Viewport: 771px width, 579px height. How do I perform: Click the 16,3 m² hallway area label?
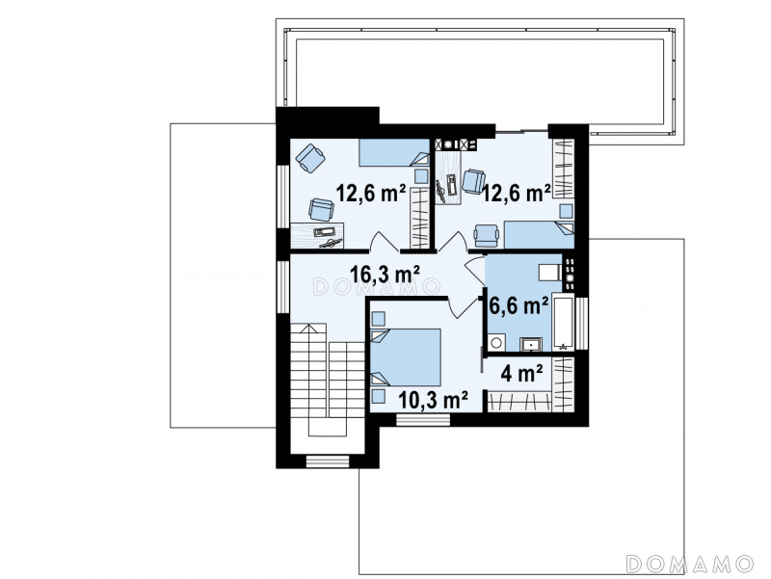click(385, 274)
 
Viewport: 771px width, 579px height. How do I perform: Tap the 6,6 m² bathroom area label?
click(518, 305)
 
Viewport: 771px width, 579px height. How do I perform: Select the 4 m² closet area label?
click(521, 373)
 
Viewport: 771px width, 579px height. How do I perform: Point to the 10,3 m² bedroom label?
click(432, 400)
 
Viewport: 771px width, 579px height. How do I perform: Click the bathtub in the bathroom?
click(563, 322)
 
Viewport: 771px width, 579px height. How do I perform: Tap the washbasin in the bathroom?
click(531, 344)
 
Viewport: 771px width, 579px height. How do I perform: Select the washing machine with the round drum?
click(496, 342)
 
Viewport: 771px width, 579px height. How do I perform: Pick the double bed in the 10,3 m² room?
click(406, 356)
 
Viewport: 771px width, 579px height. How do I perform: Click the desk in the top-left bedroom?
click(317, 235)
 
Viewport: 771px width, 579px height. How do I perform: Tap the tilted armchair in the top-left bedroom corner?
click(310, 158)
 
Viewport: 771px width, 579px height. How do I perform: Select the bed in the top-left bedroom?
click(394, 153)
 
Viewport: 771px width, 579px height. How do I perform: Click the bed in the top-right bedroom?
click(539, 235)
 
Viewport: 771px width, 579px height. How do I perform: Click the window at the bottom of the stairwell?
click(328, 461)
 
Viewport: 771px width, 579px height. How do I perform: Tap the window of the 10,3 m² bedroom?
click(423, 420)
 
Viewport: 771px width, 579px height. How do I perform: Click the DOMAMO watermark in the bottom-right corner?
click(690, 564)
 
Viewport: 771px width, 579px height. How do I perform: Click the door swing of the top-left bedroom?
click(385, 242)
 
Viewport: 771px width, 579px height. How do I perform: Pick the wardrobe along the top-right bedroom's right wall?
click(564, 169)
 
